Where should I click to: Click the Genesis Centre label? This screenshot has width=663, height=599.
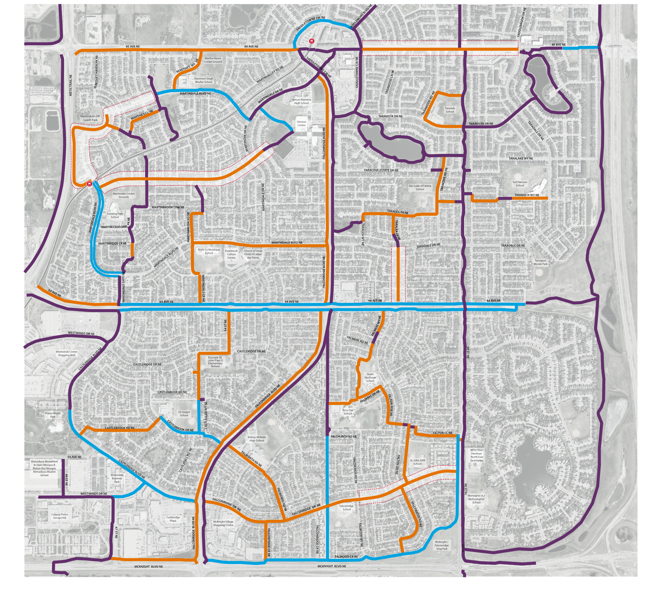(301, 123)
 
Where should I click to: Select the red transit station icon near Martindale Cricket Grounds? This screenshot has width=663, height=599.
(89, 184)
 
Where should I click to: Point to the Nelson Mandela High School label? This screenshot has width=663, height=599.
(301, 101)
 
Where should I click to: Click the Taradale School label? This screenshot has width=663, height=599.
(450, 110)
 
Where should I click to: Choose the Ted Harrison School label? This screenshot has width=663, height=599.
(519, 184)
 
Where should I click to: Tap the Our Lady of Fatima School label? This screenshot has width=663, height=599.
(420, 187)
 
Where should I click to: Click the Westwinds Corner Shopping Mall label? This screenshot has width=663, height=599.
(67, 353)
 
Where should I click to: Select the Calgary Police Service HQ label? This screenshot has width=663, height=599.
(60, 516)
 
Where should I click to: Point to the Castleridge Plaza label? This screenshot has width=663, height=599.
(173, 519)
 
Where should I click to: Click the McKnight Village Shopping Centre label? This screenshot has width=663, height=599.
(223, 523)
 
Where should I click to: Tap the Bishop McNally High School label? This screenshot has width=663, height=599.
(257, 439)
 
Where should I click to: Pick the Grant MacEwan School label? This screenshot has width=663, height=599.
(370, 377)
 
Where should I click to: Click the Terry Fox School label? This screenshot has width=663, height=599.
(347, 412)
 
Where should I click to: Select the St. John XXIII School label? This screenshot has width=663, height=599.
(417, 462)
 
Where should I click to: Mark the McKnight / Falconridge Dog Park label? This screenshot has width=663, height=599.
(442, 545)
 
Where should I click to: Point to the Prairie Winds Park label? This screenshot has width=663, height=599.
(53, 415)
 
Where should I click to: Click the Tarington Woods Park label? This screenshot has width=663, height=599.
(540, 262)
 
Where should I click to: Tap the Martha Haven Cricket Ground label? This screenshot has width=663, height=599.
(213, 60)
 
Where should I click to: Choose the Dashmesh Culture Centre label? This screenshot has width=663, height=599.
(231, 254)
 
